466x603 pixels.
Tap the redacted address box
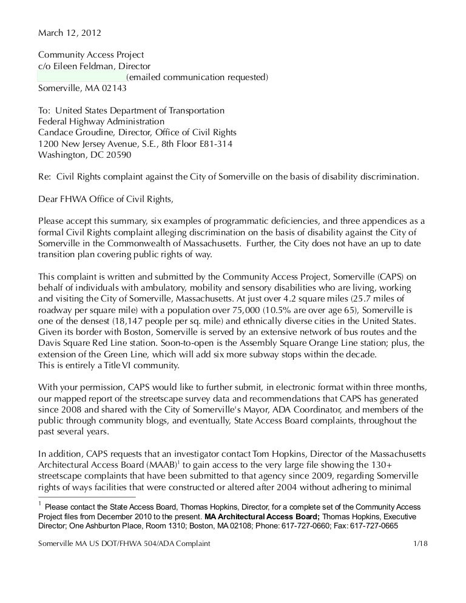pos(81,77)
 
